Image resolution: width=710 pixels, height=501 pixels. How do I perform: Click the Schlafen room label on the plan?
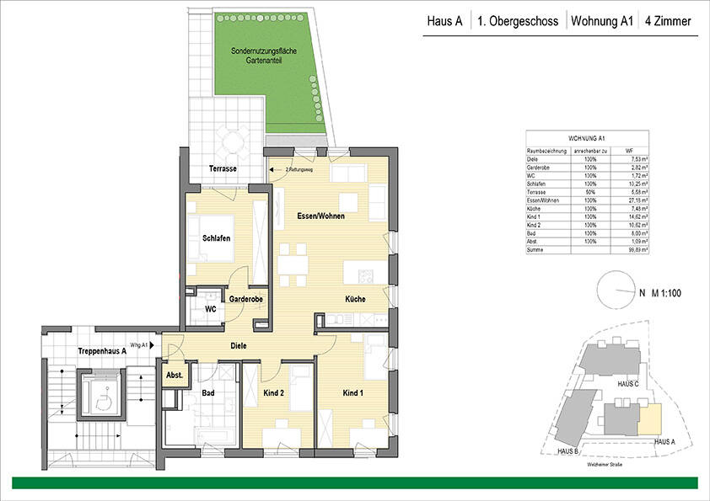pos(216,238)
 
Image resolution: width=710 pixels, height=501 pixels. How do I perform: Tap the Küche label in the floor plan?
pos(354,299)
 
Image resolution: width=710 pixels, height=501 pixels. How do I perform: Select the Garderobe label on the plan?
pos(242,298)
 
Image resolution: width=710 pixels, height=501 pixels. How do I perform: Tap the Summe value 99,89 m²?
pos(637,250)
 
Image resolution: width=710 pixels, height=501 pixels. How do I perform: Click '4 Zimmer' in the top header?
pos(667,23)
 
